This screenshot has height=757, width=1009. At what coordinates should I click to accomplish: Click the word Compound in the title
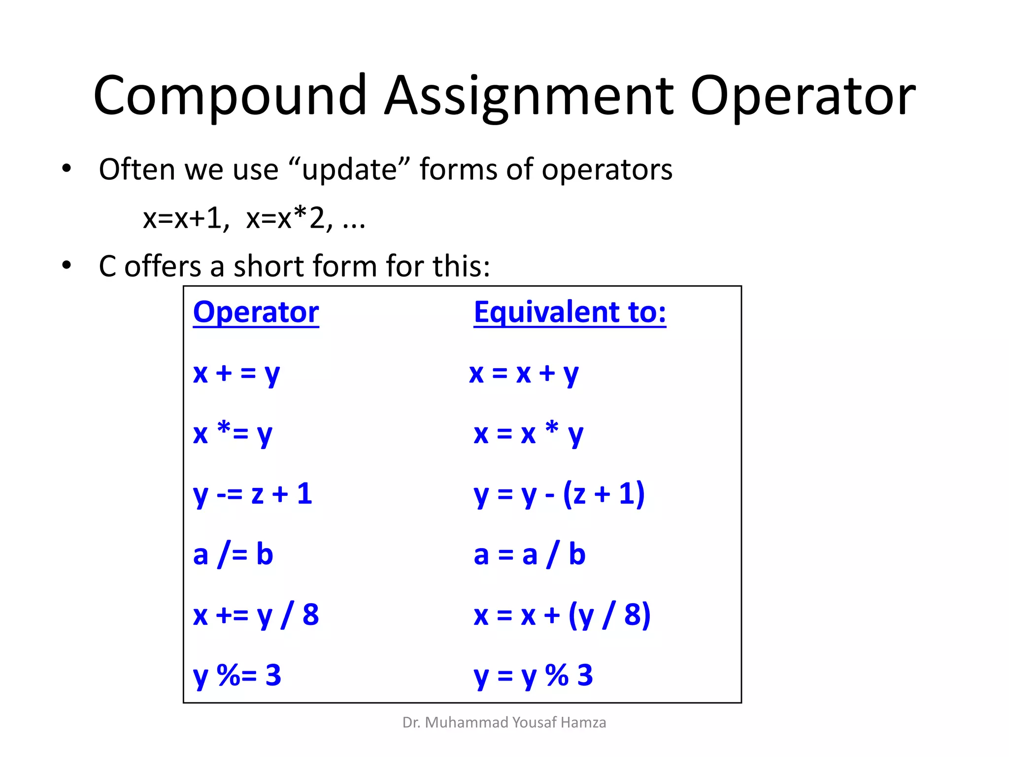click(x=230, y=96)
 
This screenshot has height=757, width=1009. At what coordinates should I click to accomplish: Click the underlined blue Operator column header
click(x=256, y=312)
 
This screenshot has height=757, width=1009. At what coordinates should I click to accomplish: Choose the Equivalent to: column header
click(x=570, y=312)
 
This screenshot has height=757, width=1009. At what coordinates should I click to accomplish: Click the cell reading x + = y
click(x=236, y=374)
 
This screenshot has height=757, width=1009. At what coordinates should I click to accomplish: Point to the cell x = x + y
click(x=523, y=374)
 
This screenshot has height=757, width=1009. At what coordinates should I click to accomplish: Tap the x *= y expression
click(x=233, y=434)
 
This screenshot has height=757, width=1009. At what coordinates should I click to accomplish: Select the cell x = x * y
click(x=528, y=434)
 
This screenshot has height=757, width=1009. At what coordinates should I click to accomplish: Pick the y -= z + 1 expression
click(x=252, y=494)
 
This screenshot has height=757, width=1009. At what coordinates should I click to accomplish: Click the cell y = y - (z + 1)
click(x=559, y=494)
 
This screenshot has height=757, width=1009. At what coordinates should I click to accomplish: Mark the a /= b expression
click(x=233, y=555)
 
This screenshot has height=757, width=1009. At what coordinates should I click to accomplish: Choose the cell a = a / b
click(x=529, y=555)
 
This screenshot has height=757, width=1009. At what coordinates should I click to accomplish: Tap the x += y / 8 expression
click(x=256, y=616)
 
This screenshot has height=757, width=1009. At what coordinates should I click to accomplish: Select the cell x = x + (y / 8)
click(x=562, y=616)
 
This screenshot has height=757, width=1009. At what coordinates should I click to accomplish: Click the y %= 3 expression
click(x=237, y=676)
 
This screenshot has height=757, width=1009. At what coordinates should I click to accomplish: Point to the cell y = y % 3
click(x=533, y=676)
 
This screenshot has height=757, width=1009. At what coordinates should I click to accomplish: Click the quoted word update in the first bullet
click(x=349, y=170)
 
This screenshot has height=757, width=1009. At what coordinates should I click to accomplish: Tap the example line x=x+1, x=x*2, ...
click(x=253, y=218)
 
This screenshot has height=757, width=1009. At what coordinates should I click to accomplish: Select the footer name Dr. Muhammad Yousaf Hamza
click(x=504, y=723)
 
